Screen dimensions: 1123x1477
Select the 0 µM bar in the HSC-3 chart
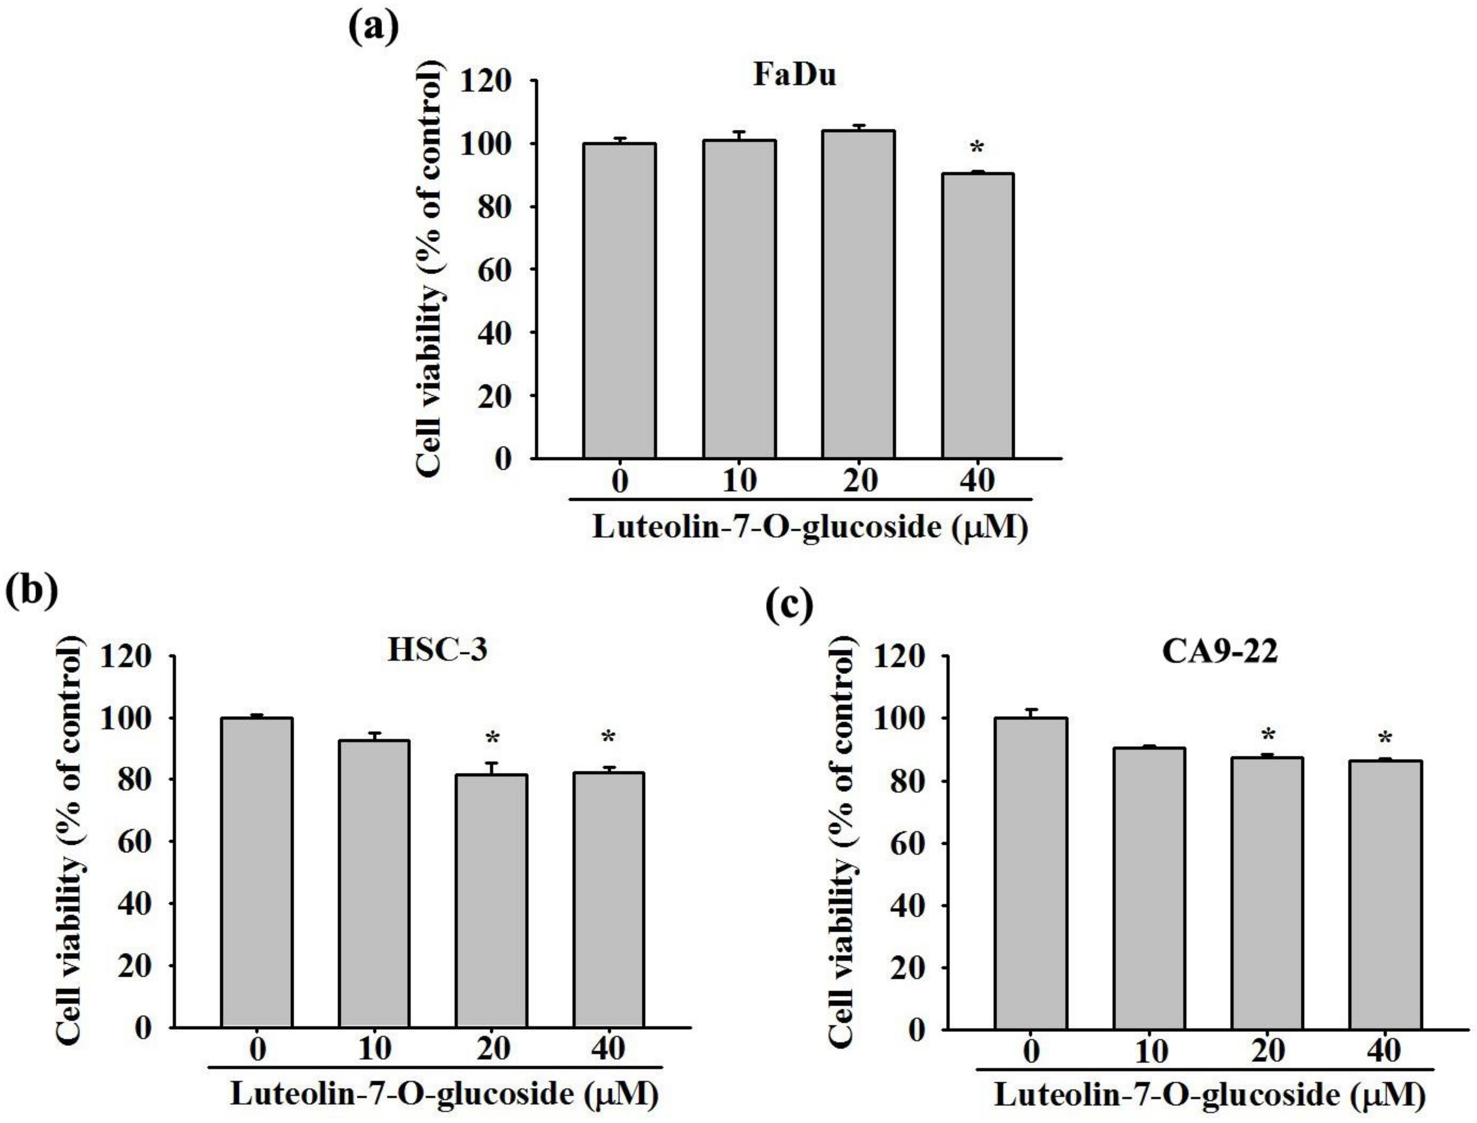(x=257, y=872)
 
